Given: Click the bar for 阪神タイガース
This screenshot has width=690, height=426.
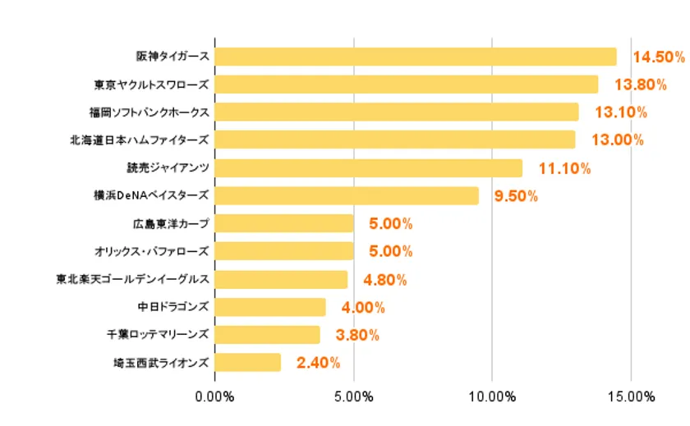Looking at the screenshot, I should point(416,57).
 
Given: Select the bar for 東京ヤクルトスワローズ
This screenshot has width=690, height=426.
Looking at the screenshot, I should point(407,85).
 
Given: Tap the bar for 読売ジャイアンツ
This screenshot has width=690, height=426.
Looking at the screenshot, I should point(369,168).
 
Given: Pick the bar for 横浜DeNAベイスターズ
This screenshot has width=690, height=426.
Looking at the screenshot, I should point(347,196).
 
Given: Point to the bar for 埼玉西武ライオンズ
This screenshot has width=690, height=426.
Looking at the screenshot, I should point(248,362).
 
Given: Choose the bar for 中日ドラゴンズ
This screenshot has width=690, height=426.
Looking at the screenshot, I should point(270,307).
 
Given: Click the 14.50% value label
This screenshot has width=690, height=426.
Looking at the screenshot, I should point(659,57).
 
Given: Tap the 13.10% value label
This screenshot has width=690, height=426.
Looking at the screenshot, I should point(621,112).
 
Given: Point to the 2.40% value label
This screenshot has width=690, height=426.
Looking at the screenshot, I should point(318,362).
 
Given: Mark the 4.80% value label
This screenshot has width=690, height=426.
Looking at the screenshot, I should point(384,279).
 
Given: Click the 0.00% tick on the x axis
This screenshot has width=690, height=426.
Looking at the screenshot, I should point(215,397).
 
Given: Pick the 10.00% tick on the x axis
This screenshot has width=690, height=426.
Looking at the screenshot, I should point(492,397).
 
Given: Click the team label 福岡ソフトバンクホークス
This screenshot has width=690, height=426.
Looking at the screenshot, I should point(149,112).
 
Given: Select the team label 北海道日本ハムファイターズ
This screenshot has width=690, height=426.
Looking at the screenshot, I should point(140,140).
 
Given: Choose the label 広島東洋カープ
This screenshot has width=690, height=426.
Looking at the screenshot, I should point(171,223).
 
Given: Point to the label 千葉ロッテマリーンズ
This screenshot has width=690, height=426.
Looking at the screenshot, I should point(158,335).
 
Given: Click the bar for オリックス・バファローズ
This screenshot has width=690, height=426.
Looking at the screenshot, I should point(284,251).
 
